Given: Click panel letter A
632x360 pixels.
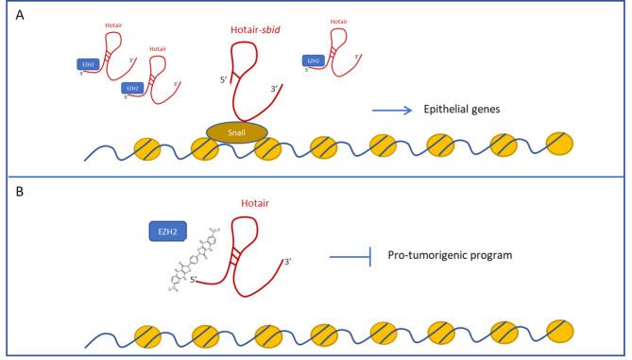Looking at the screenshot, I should coord(19,15).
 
